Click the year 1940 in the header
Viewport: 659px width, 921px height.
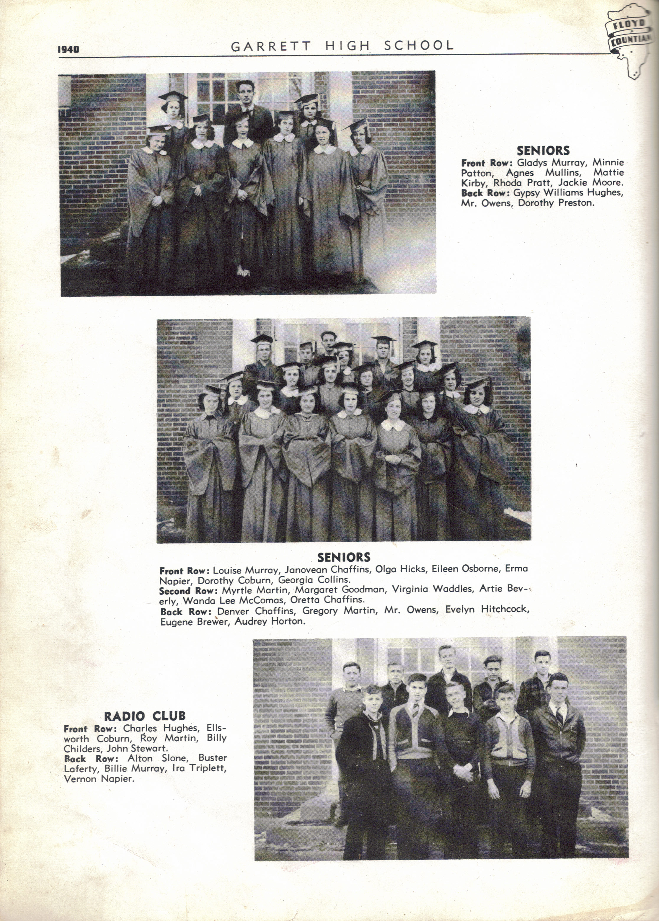68,50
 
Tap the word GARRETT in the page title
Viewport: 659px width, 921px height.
271,46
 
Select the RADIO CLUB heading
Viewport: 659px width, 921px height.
145,716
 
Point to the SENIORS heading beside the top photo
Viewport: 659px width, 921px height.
543,151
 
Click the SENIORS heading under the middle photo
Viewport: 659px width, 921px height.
344,557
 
